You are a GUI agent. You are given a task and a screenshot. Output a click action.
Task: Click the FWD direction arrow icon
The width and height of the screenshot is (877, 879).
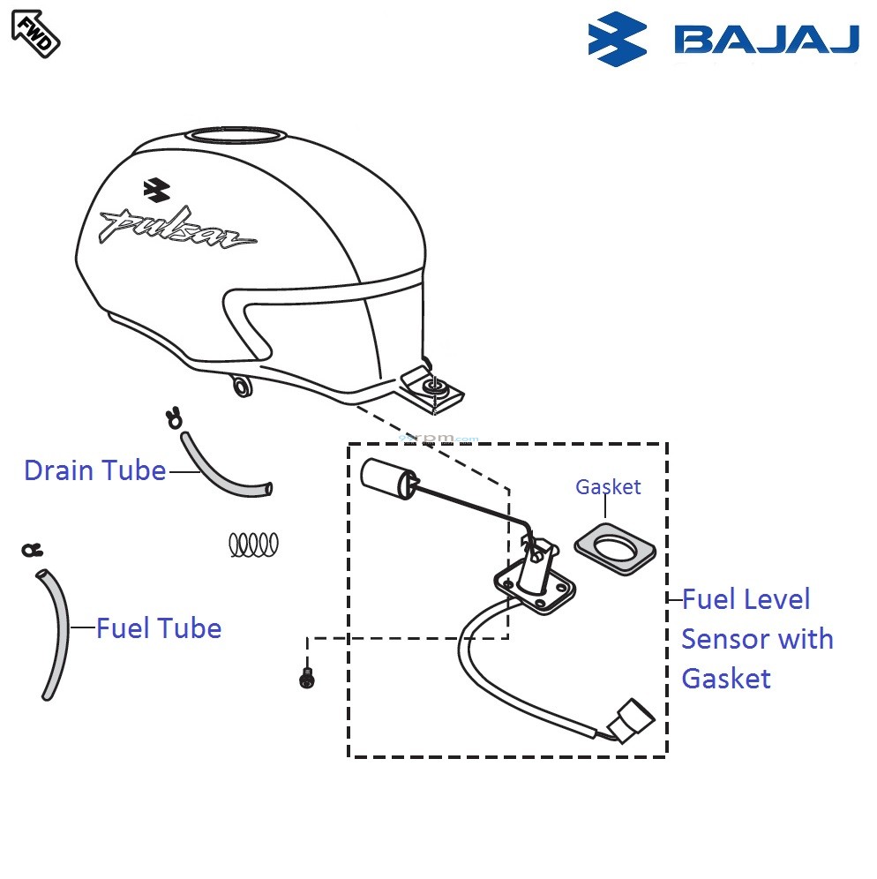(36, 34)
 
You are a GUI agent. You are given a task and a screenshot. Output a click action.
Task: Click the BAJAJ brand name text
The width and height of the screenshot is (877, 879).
(766, 40)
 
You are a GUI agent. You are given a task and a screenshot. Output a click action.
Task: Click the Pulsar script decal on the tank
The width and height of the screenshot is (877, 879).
(176, 229)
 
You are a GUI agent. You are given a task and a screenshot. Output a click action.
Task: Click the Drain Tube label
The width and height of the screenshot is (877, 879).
(94, 470)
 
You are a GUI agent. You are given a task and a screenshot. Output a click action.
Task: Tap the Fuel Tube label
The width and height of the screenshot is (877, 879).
(159, 628)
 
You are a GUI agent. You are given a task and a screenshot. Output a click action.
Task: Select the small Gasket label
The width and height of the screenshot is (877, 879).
(608, 486)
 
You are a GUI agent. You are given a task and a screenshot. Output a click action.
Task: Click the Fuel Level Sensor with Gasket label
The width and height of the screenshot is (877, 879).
(757, 638)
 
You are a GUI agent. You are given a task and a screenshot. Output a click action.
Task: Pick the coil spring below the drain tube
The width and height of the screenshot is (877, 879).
(253, 544)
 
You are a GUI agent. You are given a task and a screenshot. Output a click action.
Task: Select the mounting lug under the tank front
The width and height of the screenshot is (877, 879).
(240, 385)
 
